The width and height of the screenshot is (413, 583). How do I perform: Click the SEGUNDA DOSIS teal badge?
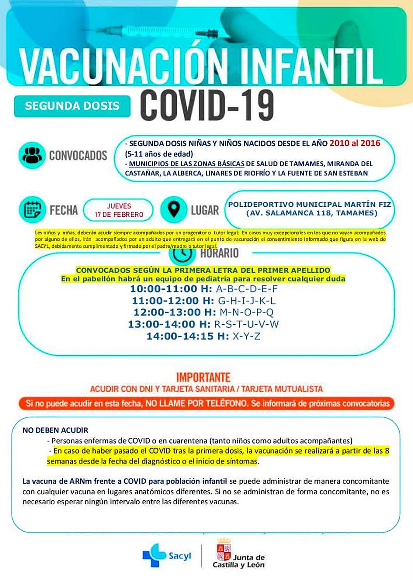pos(72,106)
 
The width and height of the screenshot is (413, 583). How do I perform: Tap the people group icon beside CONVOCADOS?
pos(32,155)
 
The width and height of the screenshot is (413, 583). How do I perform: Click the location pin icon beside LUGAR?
pos(174,209)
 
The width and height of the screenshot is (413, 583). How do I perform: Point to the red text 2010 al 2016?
pos(354,143)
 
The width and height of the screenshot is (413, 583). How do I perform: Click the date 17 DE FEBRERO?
pos(119,214)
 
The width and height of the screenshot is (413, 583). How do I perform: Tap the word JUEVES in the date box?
pos(119,206)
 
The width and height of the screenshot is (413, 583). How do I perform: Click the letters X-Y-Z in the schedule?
pos(246,336)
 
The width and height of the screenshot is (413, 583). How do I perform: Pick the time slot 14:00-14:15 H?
pos(188,336)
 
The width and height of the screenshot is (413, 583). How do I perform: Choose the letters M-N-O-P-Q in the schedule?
pos(246,312)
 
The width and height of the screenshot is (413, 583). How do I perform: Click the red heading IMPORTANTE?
pos(203,377)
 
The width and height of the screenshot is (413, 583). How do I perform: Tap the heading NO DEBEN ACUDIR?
pos(55,430)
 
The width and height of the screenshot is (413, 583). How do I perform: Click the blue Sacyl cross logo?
pos(154,555)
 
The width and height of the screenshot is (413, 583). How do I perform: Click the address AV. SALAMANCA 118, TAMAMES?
pos(312,213)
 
